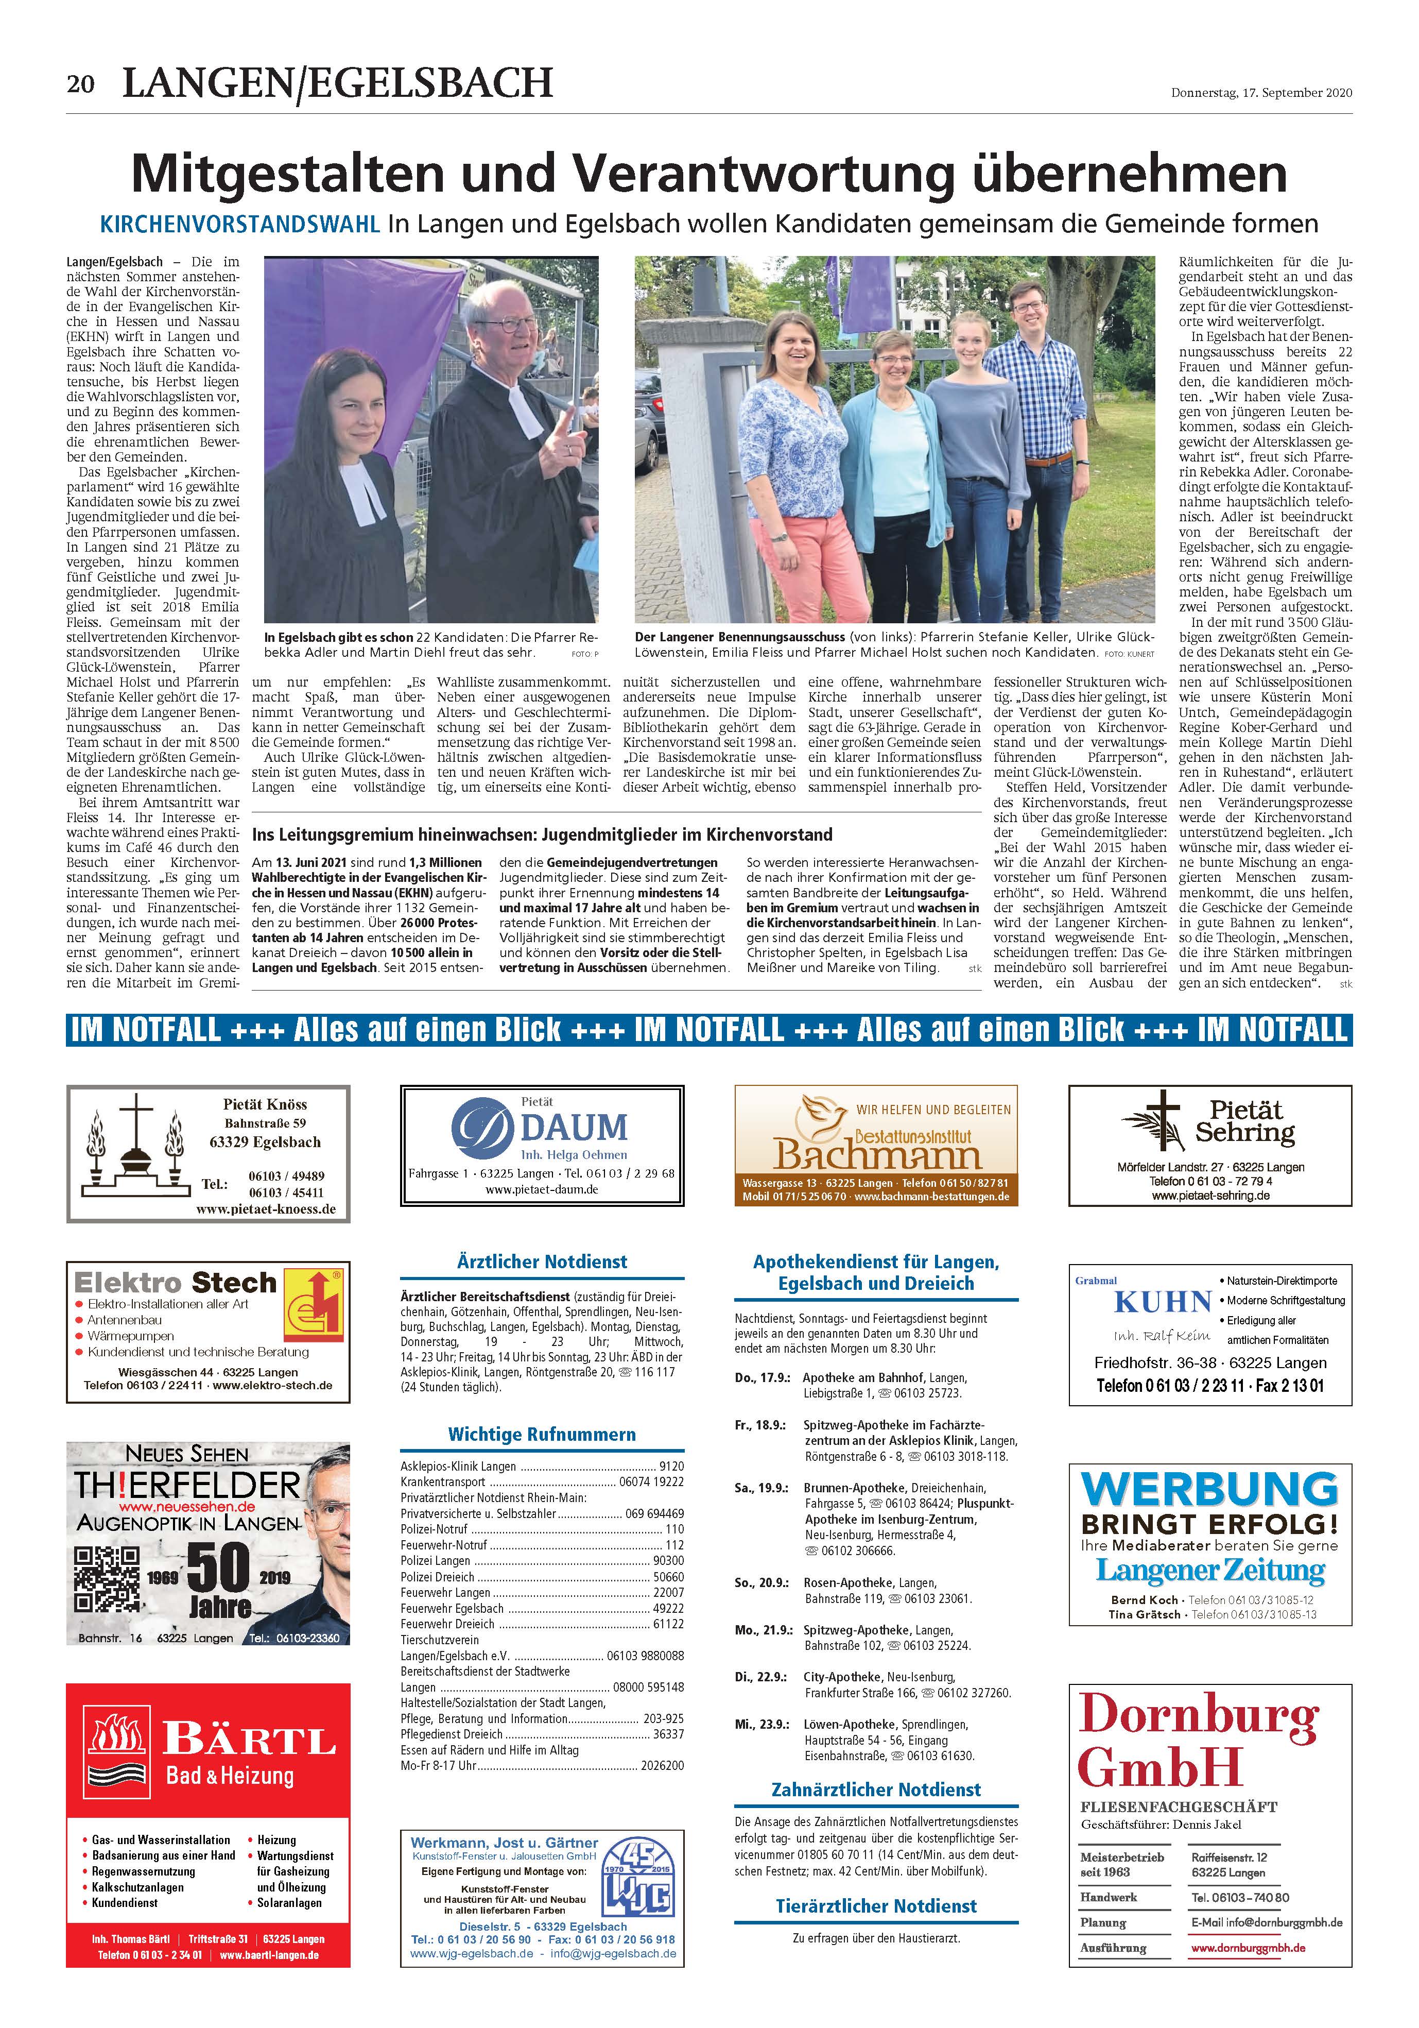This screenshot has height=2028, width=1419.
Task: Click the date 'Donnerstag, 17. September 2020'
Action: [1261, 92]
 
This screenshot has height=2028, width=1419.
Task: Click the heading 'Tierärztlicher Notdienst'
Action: [876, 1905]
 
